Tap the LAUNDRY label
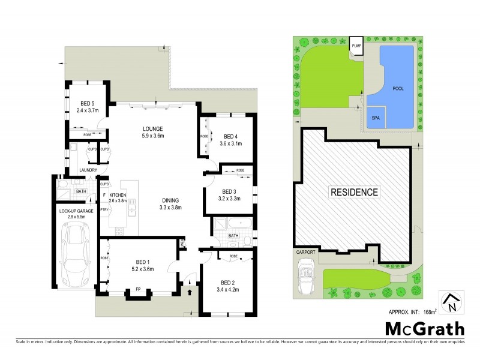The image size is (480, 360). click(80, 170)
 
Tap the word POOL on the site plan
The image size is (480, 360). click(398, 88)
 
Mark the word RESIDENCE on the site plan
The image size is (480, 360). click(354, 193)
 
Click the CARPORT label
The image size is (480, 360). click(306, 253)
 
